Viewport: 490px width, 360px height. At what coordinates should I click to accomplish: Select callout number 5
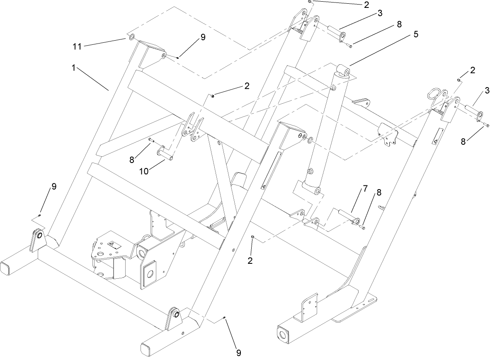click(415, 34)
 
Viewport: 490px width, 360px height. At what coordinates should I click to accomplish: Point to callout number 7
click(365, 189)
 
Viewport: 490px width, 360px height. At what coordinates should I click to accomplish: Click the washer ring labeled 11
click(131, 38)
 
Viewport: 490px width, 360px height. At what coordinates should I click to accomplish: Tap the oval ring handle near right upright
click(434, 94)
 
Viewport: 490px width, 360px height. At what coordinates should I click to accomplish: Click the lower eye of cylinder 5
click(317, 191)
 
